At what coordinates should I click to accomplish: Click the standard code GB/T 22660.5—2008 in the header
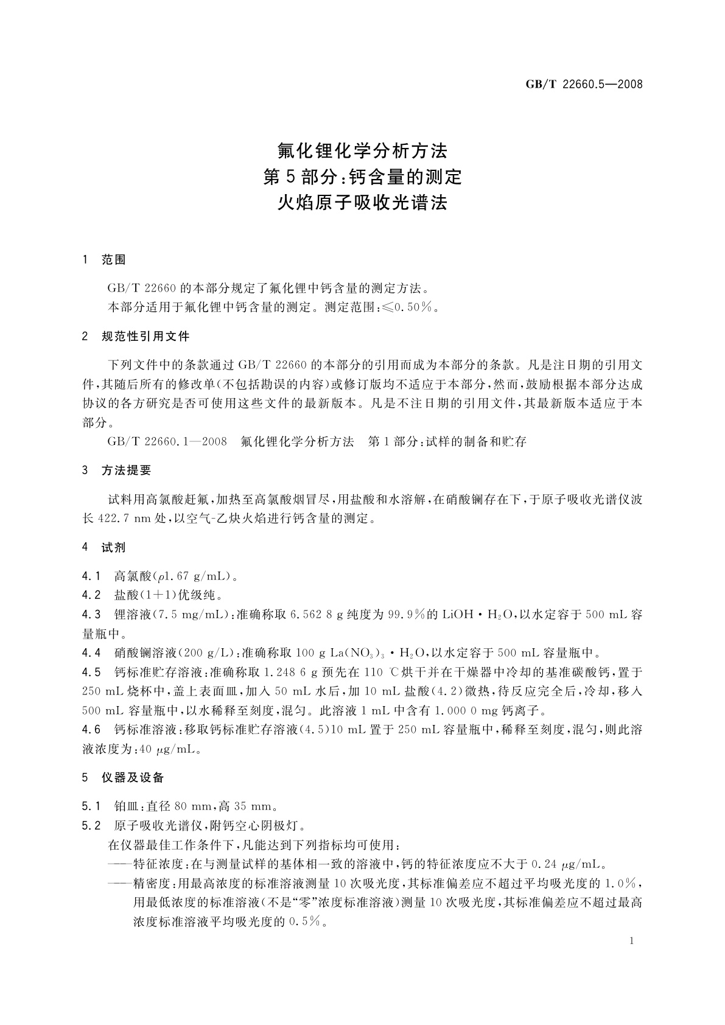(584, 85)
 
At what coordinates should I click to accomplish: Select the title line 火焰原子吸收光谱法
(362, 202)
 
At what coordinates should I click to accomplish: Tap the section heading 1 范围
(104, 260)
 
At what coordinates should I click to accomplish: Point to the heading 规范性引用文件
(145, 337)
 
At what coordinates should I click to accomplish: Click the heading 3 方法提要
(117, 471)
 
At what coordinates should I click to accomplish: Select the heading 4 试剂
(104, 547)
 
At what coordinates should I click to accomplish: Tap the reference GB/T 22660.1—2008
(167, 442)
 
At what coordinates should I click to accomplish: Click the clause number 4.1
(91, 576)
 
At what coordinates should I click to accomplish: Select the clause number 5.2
(91, 826)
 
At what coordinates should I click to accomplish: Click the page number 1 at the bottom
(631, 941)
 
